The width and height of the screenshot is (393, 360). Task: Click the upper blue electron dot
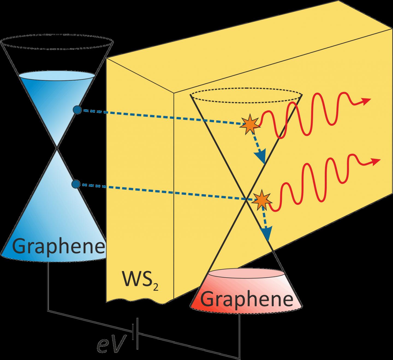tap(77, 110)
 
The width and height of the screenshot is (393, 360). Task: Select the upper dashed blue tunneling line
tap(161, 118)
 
